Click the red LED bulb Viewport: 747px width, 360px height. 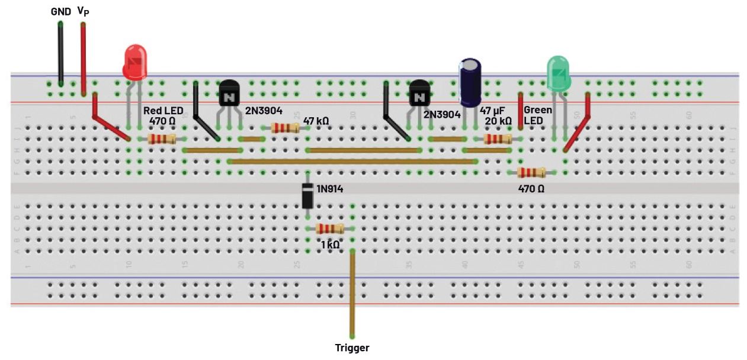(x=134, y=62)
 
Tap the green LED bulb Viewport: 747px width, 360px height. (x=559, y=73)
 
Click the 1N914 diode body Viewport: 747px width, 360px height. (x=307, y=196)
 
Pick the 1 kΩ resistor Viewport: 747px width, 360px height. (x=330, y=229)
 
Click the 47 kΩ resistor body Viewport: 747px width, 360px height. (x=285, y=128)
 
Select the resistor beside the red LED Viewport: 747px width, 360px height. (x=162, y=139)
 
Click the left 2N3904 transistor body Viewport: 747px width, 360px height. (x=229, y=94)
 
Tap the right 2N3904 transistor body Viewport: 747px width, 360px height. (x=419, y=94)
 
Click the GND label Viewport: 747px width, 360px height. (x=60, y=11)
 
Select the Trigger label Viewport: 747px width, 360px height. (x=352, y=348)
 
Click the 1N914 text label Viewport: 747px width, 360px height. (x=330, y=189)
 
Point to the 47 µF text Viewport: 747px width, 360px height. (x=492, y=111)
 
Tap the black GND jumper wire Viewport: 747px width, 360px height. (x=60, y=53)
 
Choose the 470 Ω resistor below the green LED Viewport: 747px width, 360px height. (x=531, y=172)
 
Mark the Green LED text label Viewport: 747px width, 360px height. (x=538, y=115)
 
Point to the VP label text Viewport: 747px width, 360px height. (x=83, y=11)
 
